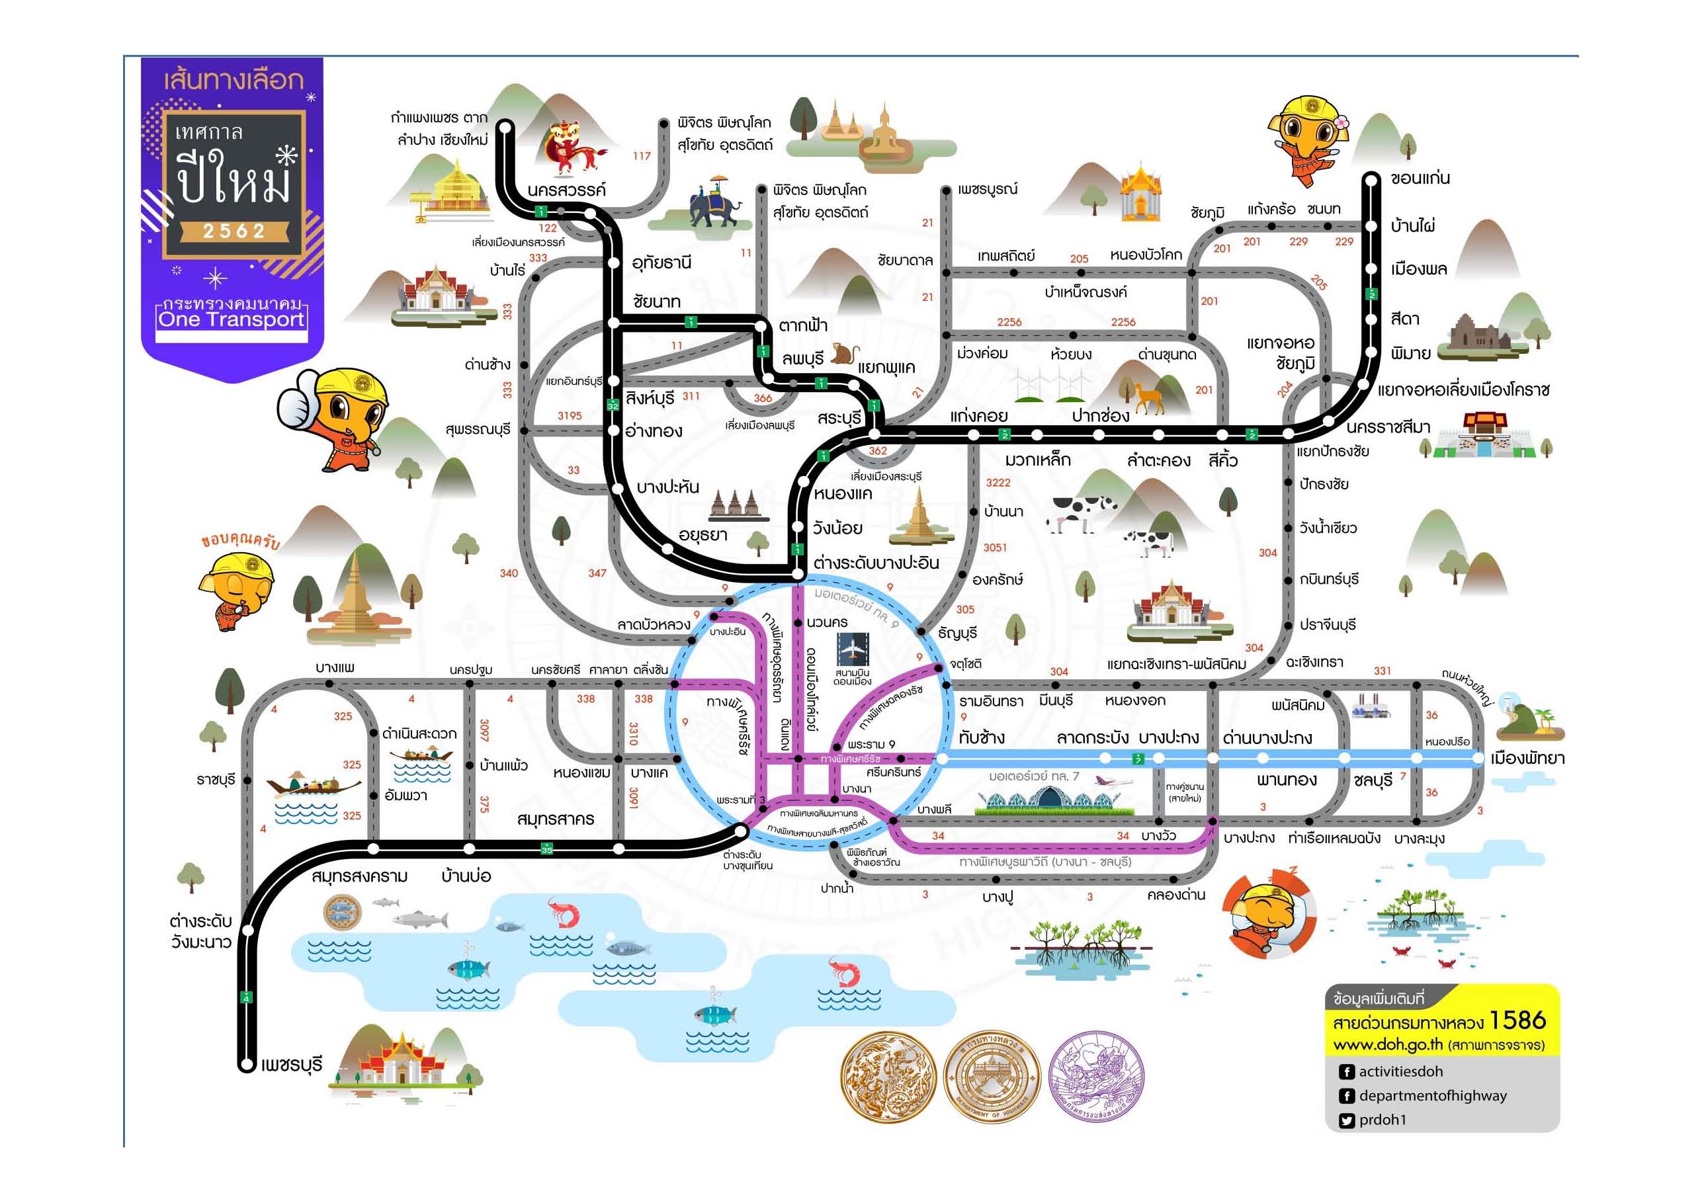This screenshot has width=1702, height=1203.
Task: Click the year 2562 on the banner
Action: point(234,231)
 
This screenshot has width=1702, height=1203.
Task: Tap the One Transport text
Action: point(232,319)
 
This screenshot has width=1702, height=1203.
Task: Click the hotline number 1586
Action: point(1517,1020)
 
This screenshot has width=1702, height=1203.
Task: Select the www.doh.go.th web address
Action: point(1388,1045)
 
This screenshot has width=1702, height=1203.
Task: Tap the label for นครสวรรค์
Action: point(566,190)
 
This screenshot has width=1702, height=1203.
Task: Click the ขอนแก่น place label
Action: point(1420,179)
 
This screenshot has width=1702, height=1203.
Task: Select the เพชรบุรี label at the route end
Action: point(291,1065)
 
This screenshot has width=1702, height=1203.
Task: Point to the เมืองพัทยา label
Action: point(1528,759)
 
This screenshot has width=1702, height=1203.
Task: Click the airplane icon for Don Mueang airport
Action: point(852,649)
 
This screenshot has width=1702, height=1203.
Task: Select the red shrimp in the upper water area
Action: point(563,912)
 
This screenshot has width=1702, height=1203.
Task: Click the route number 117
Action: point(641,156)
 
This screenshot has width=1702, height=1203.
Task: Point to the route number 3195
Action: point(570,416)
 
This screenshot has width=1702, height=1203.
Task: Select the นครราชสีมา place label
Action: point(1388,427)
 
